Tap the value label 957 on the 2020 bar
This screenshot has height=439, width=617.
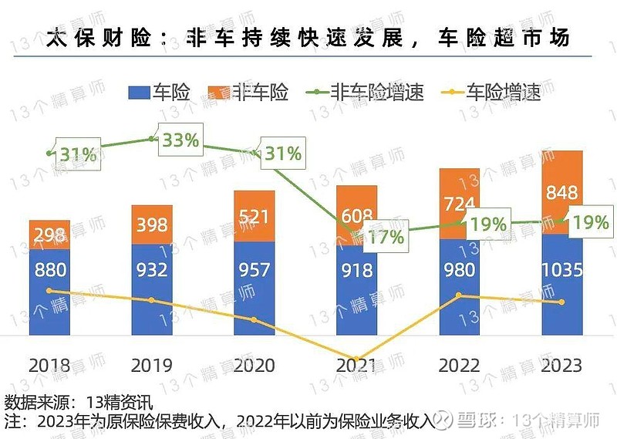click(255, 270)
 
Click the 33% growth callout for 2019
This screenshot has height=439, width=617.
click(180, 140)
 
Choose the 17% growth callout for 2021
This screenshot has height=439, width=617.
click(386, 236)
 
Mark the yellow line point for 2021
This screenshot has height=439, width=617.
click(356, 360)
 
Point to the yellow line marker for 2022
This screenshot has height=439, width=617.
click(459, 295)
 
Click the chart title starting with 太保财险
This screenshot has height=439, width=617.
click(308, 37)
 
